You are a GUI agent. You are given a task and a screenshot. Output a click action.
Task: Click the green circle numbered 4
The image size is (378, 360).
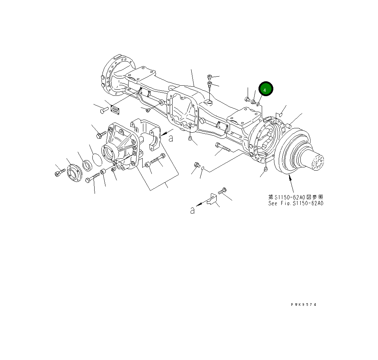coord(266,89)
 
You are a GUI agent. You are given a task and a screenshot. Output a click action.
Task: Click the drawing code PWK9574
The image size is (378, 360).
coord(303,305)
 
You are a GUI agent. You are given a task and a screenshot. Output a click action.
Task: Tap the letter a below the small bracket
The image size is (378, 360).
coord(193,210)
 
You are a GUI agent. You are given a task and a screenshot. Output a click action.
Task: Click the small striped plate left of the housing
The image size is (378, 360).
coord(115,109)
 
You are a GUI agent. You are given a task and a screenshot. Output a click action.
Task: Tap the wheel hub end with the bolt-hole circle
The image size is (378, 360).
coord(317,162)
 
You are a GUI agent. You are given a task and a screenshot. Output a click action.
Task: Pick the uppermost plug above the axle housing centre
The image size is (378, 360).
coord(210,77)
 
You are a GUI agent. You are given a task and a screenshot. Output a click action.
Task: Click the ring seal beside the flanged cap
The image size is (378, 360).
coord(87,166)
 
